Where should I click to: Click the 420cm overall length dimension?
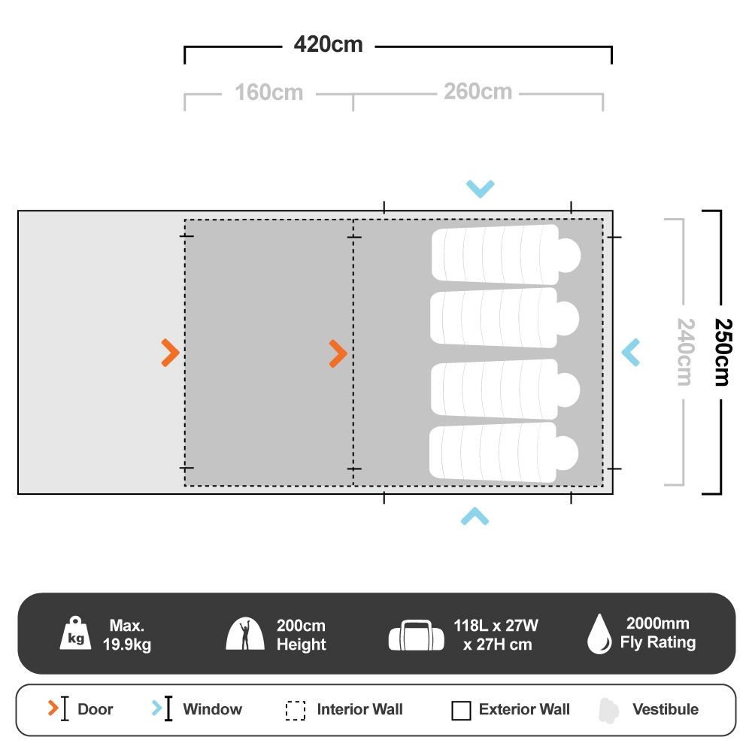pyautogui.click(x=328, y=44)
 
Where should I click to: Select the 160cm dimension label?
pyautogui.click(x=269, y=92)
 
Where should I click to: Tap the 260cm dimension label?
pyautogui.click(x=478, y=92)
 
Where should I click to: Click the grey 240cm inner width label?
pyautogui.click(x=685, y=352)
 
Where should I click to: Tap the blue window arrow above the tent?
pyautogui.click(x=480, y=189)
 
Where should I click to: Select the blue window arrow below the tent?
pyautogui.click(x=475, y=516)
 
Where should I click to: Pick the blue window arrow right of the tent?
pyautogui.click(x=631, y=353)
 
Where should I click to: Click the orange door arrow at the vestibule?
pyautogui.click(x=170, y=353)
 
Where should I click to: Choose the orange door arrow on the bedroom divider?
pyautogui.click(x=338, y=354)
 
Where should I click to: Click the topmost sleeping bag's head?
pyautogui.click(x=569, y=255)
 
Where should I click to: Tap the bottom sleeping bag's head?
pyautogui.click(x=567, y=453)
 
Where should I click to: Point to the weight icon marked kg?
pyautogui.click(x=75, y=633)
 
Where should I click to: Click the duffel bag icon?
pyautogui.click(x=417, y=635)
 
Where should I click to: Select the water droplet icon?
pyautogui.click(x=599, y=633)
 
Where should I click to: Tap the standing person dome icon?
pyautogui.click(x=245, y=633)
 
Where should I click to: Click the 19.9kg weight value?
pyautogui.click(x=126, y=644)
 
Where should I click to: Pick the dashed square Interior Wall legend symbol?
pyautogui.click(x=296, y=711)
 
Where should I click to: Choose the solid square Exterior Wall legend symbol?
pyautogui.click(x=461, y=711)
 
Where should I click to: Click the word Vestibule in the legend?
pyautogui.click(x=666, y=709)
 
